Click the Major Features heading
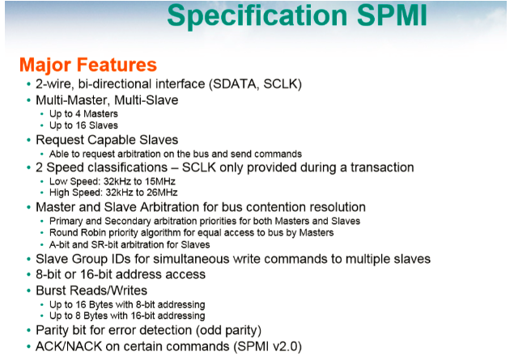click(87, 65)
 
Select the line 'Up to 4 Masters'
click(84, 114)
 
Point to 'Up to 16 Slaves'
click(84, 125)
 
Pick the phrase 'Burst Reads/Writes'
click(91, 289)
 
